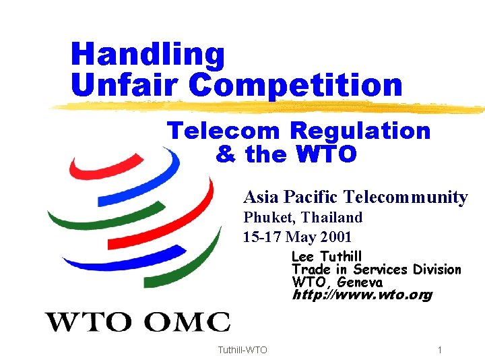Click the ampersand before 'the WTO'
(226, 154)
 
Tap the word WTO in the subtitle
(326, 154)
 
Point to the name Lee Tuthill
(327, 256)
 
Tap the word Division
(437, 269)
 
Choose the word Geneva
(360, 282)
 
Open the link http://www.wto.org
(362, 295)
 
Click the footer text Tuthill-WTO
(243, 350)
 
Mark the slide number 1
(439, 350)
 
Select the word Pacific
(311, 197)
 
